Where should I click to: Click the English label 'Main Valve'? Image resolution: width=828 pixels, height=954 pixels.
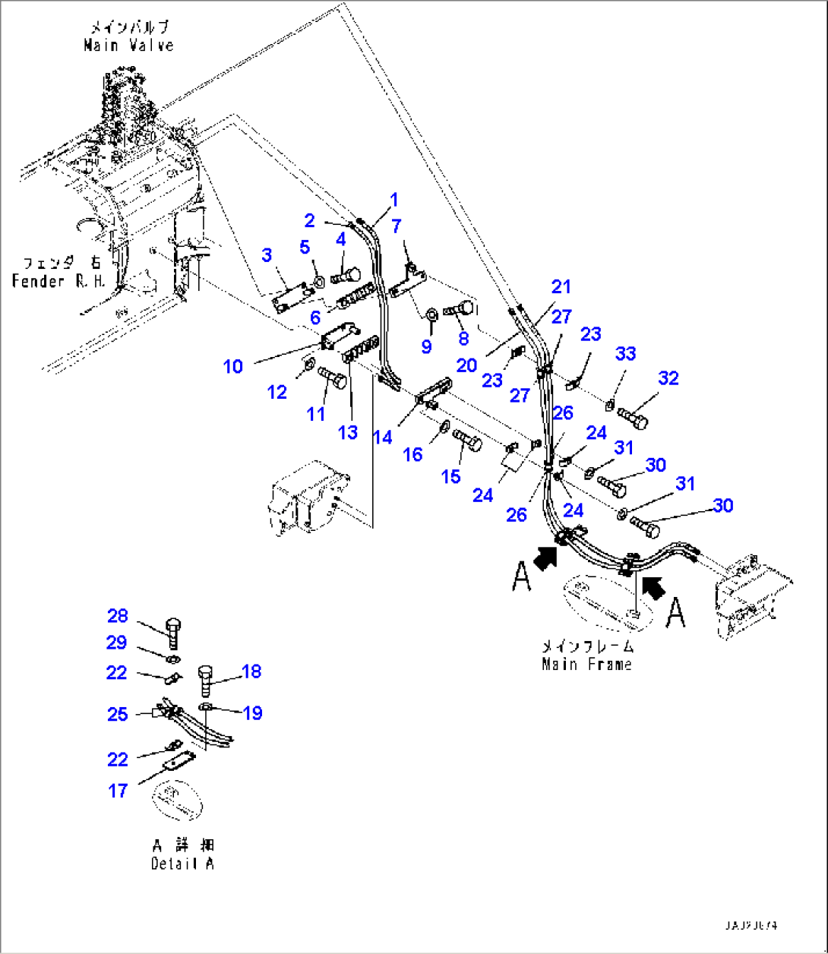pyautogui.click(x=128, y=46)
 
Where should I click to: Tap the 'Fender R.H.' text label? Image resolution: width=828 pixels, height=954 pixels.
pyautogui.click(x=59, y=282)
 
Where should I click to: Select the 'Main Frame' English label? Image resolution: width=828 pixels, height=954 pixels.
pyautogui.click(x=586, y=665)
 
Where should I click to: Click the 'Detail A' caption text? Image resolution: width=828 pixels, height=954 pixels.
pyautogui.click(x=182, y=864)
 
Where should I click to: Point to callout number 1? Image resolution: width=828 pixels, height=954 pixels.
pyautogui.click(x=393, y=200)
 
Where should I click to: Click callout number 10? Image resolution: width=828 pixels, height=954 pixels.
pyautogui.click(x=232, y=367)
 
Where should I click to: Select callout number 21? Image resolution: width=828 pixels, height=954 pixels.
pyautogui.click(x=561, y=287)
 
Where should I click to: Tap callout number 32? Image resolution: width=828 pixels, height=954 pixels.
pyautogui.click(x=668, y=378)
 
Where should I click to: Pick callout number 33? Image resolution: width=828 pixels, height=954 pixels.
pyautogui.click(x=625, y=353)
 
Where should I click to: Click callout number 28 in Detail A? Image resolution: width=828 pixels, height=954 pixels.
pyautogui.click(x=117, y=616)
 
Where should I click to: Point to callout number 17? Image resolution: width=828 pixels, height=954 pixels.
pyautogui.click(x=117, y=791)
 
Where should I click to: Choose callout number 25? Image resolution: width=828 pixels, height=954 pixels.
pyautogui.click(x=117, y=714)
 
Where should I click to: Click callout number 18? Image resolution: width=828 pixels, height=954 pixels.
pyautogui.click(x=251, y=671)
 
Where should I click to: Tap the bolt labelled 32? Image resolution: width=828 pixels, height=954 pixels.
pyautogui.click(x=634, y=415)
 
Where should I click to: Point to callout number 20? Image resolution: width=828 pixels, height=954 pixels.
pyautogui.click(x=466, y=365)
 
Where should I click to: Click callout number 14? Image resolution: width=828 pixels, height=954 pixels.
pyautogui.click(x=383, y=437)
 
